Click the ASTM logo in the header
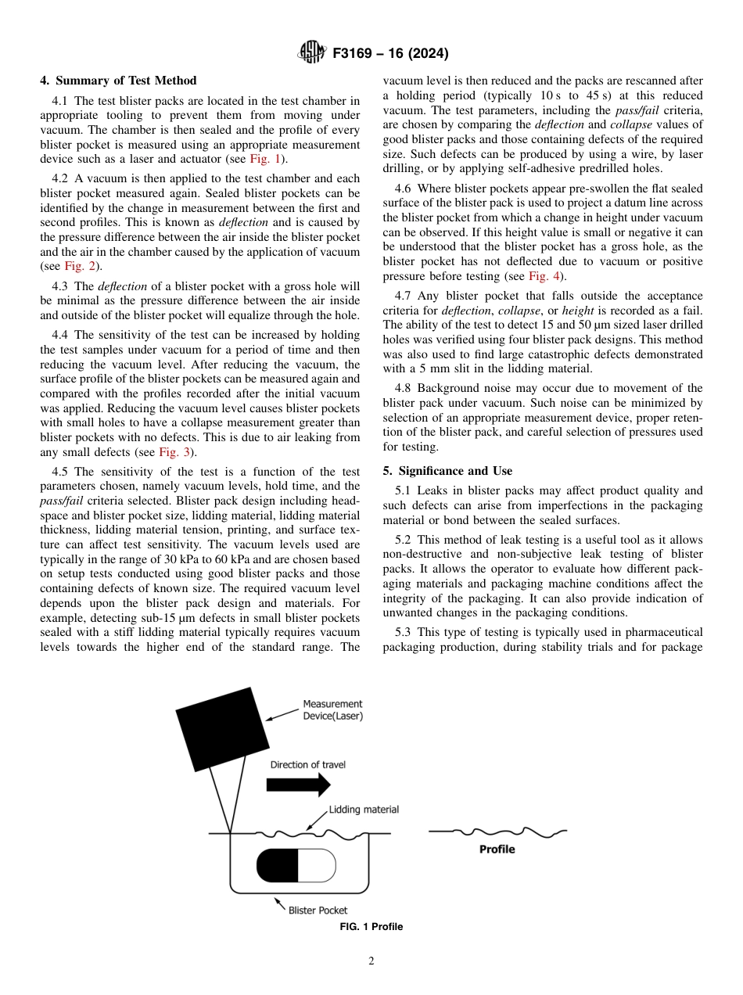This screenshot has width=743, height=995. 312,53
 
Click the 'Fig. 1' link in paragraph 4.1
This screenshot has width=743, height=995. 264,160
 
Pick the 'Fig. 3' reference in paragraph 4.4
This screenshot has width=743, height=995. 174,452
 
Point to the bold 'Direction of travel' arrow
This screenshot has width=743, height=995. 292,785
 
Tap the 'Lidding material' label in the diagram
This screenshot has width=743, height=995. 364,810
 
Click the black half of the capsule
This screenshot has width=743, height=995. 278,866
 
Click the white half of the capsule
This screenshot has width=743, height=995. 317,866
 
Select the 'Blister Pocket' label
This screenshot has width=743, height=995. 318,910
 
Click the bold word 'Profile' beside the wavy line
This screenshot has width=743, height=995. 497,849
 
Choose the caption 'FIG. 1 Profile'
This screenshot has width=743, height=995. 371,927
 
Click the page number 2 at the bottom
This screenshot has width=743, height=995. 371,961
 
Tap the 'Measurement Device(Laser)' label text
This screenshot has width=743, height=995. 332,709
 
